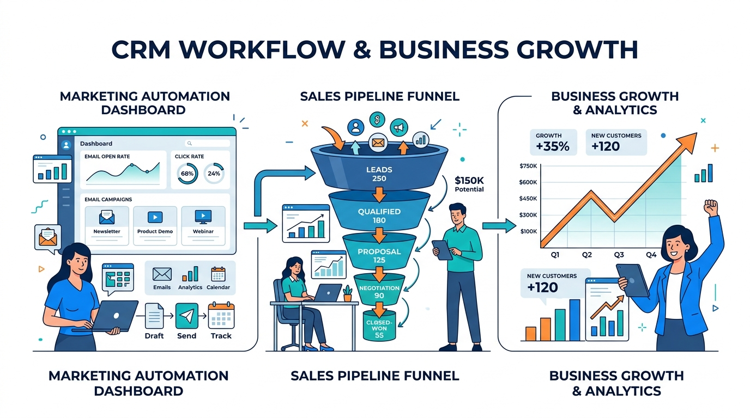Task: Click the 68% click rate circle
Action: tap(187, 174)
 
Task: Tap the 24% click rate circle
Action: tap(214, 174)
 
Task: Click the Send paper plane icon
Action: tap(186, 315)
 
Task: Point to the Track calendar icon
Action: tap(221, 315)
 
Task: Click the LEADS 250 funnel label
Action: tap(376, 174)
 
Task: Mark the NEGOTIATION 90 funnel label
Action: tap(379, 292)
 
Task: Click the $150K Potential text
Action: tap(469, 184)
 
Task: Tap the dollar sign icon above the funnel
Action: tap(377, 120)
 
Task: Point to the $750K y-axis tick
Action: tap(528, 166)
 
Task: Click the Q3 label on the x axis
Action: tap(619, 254)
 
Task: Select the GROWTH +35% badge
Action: tap(553, 142)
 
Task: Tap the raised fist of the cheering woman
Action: tap(711, 207)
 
